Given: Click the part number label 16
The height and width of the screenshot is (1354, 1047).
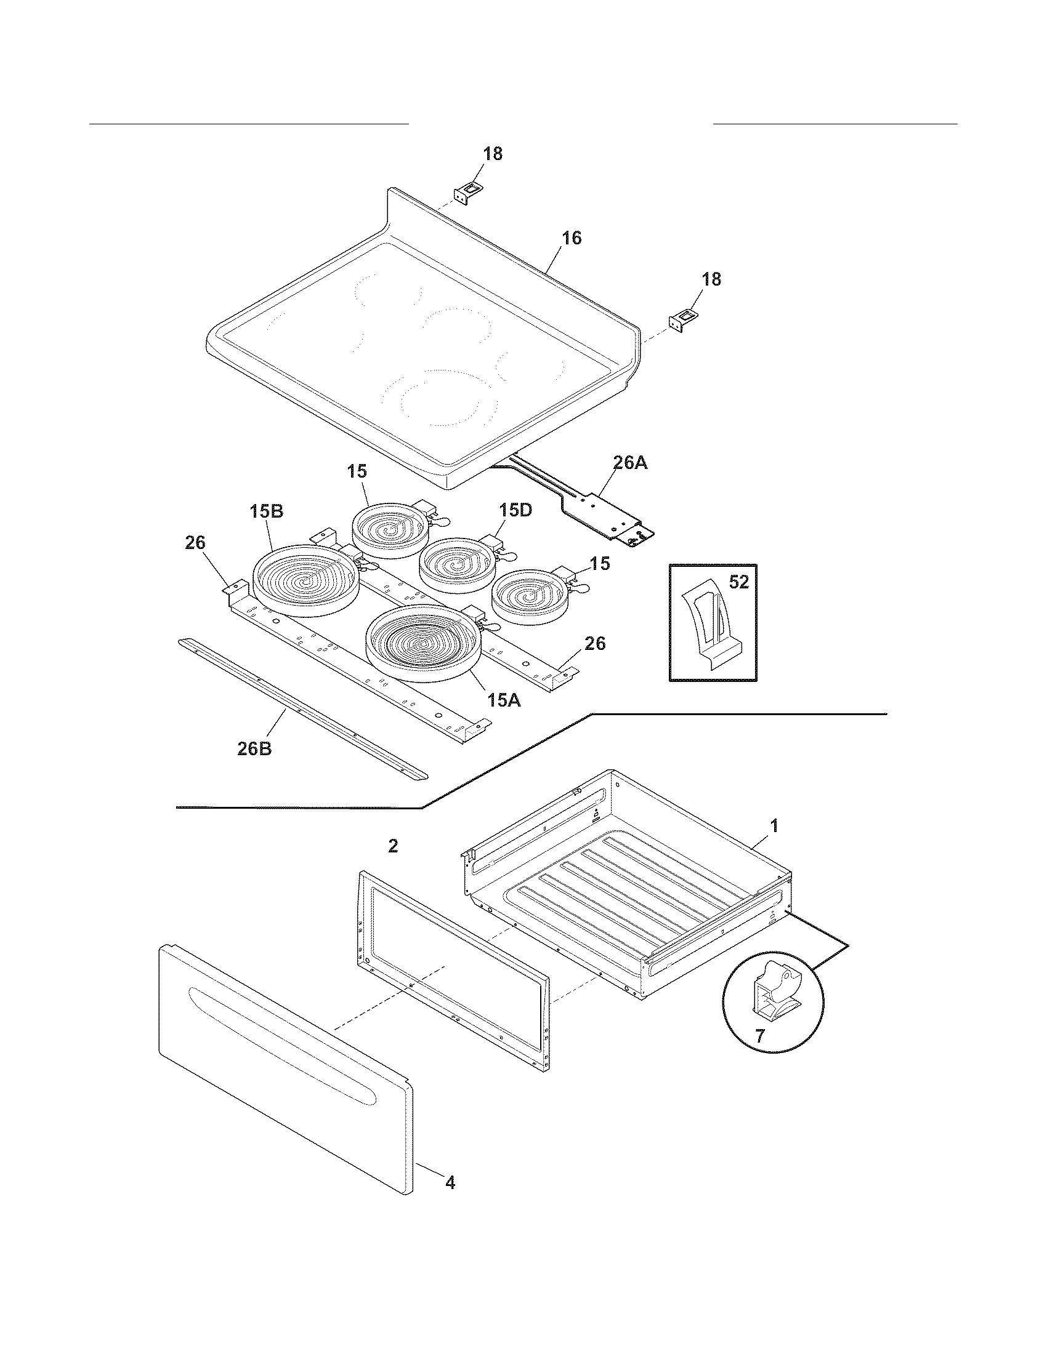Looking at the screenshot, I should pyautogui.click(x=572, y=238).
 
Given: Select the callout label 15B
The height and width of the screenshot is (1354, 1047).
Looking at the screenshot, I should pyautogui.click(x=267, y=511).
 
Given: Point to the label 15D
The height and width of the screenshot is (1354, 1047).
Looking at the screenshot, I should pyautogui.click(x=515, y=510).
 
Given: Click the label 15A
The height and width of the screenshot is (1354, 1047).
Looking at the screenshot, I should pyautogui.click(x=503, y=700).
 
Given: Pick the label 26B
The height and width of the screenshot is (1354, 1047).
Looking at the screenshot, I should pyautogui.click(x=254, y=748).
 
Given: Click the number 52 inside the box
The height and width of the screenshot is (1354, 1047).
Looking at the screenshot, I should pyautogui.click(x=738, y=582).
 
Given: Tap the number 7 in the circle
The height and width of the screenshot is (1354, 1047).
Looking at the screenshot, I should pyautogui.click(x=759, y=1035).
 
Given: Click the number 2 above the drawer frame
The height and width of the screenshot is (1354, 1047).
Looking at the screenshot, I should pyautogui.click(x=393, y=846).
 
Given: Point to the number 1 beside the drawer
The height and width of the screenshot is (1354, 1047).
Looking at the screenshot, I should pyautogui.click(x=774, y=826).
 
